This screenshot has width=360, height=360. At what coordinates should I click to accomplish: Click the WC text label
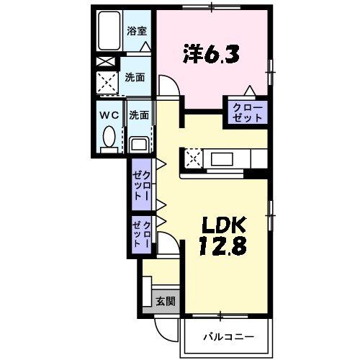(108, 114)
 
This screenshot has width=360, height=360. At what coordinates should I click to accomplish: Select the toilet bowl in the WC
(109, 138)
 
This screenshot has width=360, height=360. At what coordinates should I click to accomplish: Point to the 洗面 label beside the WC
(139, 114)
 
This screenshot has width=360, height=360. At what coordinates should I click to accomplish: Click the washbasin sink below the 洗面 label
(138, 145)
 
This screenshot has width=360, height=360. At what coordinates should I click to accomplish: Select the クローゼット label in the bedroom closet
(247, 112)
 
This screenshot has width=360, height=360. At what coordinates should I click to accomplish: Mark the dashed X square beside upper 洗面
(109, 85)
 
